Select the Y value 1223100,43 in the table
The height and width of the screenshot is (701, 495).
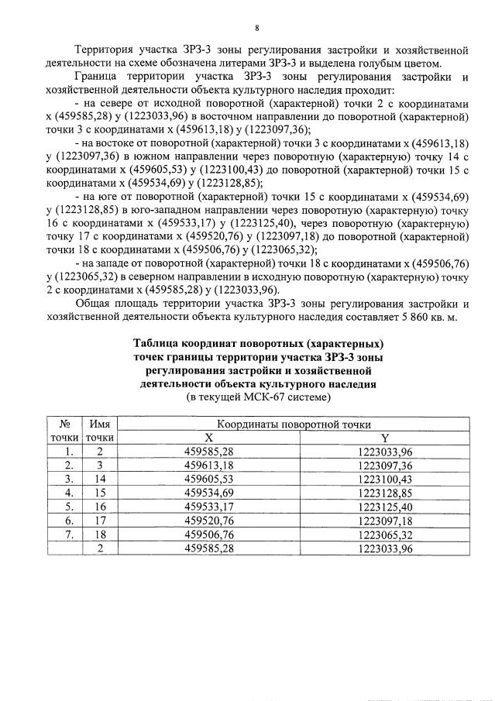(385, 479)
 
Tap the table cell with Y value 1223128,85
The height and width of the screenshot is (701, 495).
(385, 493)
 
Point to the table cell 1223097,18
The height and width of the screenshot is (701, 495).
(385, 521)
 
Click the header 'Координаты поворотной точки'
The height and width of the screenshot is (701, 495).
(293, 424)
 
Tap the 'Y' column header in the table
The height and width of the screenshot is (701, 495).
(385, 438)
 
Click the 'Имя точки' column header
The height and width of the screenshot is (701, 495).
(99, 431)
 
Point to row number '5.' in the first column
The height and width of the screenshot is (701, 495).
(70, 507)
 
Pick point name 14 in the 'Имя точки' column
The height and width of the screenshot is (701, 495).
(99, 479)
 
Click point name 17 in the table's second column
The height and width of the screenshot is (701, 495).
(99, 521)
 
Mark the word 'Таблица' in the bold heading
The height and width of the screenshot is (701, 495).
(156, 343)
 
